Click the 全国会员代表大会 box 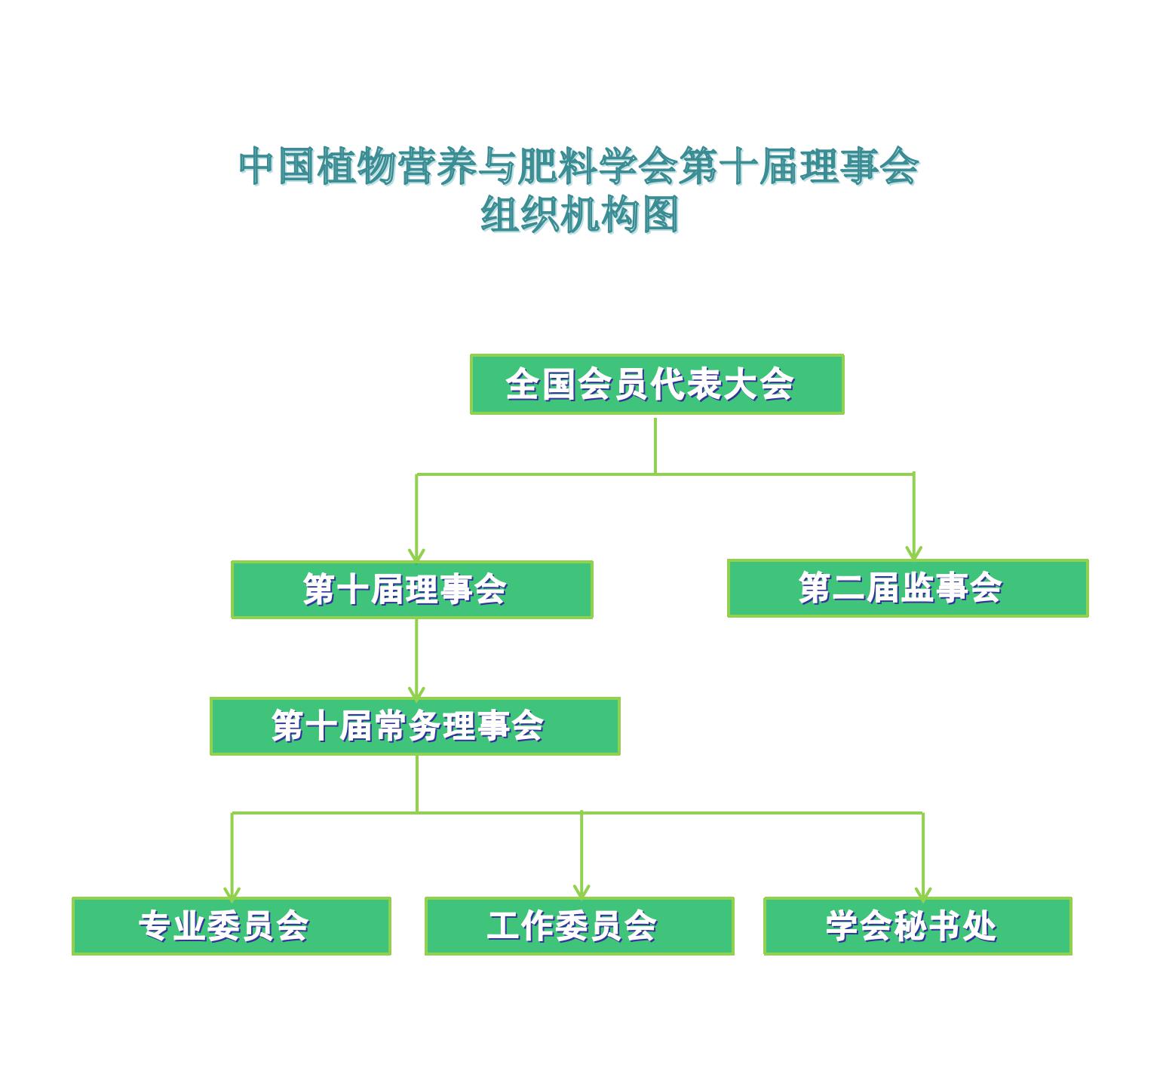point(657,384)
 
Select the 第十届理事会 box point(412,590)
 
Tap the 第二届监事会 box point(908,588)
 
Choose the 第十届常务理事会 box point(415,726)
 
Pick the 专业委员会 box point(232,926)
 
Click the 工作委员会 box point(579,926)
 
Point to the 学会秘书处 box point(918,926)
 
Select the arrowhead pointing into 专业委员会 point(232,892)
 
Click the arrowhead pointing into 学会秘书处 point(923,892)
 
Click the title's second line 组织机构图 point(580,215)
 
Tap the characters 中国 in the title point(277,166)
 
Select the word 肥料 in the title point(557,166)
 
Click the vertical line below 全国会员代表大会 point(655,446)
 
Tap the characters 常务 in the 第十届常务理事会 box point(408,726)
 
